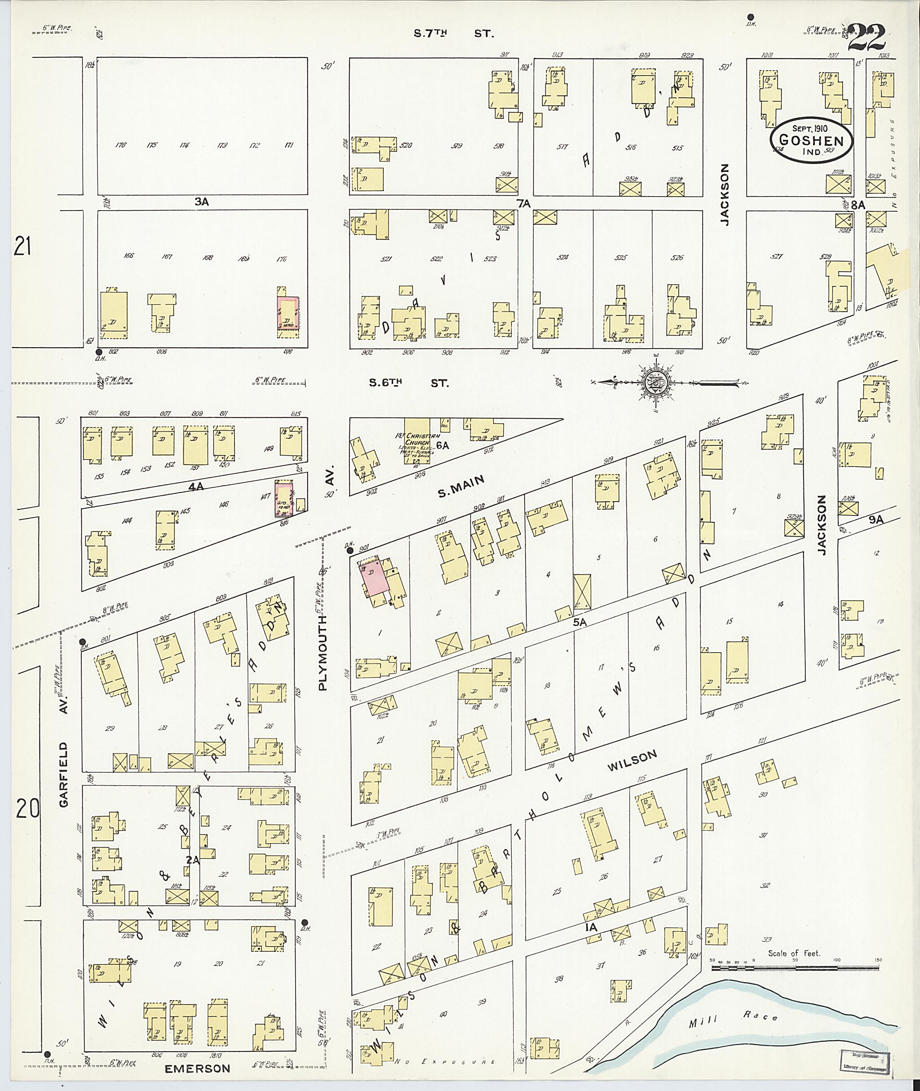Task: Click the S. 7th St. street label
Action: (453, 34)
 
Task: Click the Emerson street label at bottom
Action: (197, 1069)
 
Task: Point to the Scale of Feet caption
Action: (794, 953)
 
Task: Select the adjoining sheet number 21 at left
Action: (22, 247)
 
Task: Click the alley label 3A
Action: (201, 202)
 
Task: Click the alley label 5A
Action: (579, 622)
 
